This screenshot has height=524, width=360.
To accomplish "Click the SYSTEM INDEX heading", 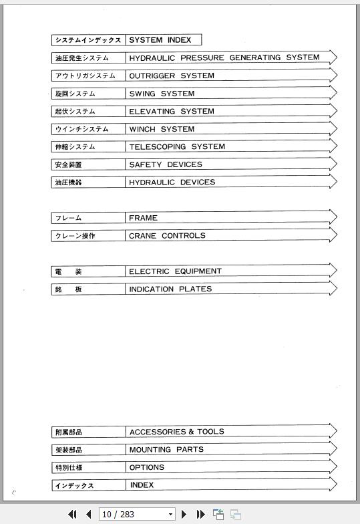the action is tap(160, 40).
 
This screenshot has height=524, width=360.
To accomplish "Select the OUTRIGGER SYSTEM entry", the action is tap(171, 76).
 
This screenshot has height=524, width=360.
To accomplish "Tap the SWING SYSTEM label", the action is tap(162, 94).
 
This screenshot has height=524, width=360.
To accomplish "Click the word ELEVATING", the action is tap(152, 111).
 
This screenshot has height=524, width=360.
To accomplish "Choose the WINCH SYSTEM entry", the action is tap(162, 129).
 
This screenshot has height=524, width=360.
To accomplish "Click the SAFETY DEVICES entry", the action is tap(165, 164).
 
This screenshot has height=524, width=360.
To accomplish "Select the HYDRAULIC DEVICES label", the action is tap(172, 182).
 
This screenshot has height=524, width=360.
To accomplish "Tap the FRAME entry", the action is tap(143, 218).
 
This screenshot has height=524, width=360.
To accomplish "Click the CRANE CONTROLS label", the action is tap(167, 235).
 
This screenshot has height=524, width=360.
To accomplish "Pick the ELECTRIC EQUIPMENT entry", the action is tap(175, 271).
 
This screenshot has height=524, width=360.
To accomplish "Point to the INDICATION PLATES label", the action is tap(170, 289).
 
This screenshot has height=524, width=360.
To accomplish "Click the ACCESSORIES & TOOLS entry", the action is tap(176, 432).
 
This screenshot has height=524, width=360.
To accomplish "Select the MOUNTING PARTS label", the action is tap(166, 449).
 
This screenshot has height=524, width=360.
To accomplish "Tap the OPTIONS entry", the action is tap(146, 467).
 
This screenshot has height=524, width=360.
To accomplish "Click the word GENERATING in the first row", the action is tap(255, 57).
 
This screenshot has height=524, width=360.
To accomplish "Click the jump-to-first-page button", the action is tap(73, 514).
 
